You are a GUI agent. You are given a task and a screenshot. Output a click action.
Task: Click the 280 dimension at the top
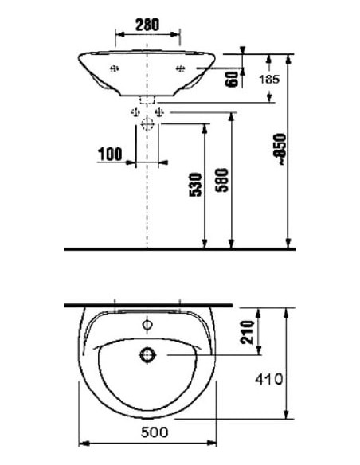[x=148, y=24]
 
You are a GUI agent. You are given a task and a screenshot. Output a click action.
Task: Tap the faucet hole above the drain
[x=147, y=324]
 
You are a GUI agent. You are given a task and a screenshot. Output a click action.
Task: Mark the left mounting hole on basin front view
[x=115, y=68]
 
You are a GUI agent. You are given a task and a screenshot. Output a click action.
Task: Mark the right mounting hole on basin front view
[x=179, y=68]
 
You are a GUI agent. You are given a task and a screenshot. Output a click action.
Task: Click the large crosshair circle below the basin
[x=147, y=124]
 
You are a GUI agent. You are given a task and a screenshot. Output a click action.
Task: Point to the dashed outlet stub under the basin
[x=147, y=101]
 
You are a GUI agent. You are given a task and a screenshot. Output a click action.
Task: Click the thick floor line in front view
[x=179, y=249]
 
